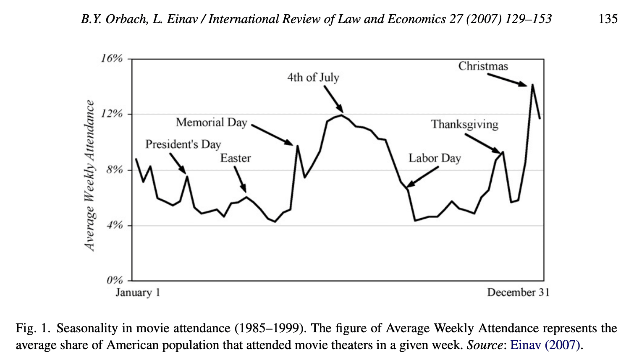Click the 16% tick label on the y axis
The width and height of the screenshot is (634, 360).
(112, 58)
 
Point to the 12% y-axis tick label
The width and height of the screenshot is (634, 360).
(112, 114)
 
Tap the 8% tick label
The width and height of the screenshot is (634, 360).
(114, 170)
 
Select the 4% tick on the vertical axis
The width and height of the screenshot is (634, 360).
(114, 225)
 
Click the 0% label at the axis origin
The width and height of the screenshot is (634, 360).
(114, 280)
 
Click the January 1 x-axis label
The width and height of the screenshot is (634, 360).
(138, 292)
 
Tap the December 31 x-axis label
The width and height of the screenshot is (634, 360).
(518, 292)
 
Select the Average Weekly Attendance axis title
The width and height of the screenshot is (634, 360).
(89, 175)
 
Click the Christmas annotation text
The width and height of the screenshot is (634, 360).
(483, 66)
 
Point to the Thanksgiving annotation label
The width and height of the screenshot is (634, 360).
(464, 125)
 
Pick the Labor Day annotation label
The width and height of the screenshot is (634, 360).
(435, 158)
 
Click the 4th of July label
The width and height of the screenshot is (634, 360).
(313, 78)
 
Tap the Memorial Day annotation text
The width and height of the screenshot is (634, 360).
(212, 123)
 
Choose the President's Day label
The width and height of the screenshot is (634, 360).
(183, 144)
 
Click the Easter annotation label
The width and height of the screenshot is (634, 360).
(236, 158)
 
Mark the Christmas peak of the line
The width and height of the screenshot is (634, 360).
(532, 85)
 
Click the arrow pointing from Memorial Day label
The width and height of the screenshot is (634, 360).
(272, 135)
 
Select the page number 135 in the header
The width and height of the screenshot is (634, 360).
(608, 19)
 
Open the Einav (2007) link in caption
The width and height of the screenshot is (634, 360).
(545, 345)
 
